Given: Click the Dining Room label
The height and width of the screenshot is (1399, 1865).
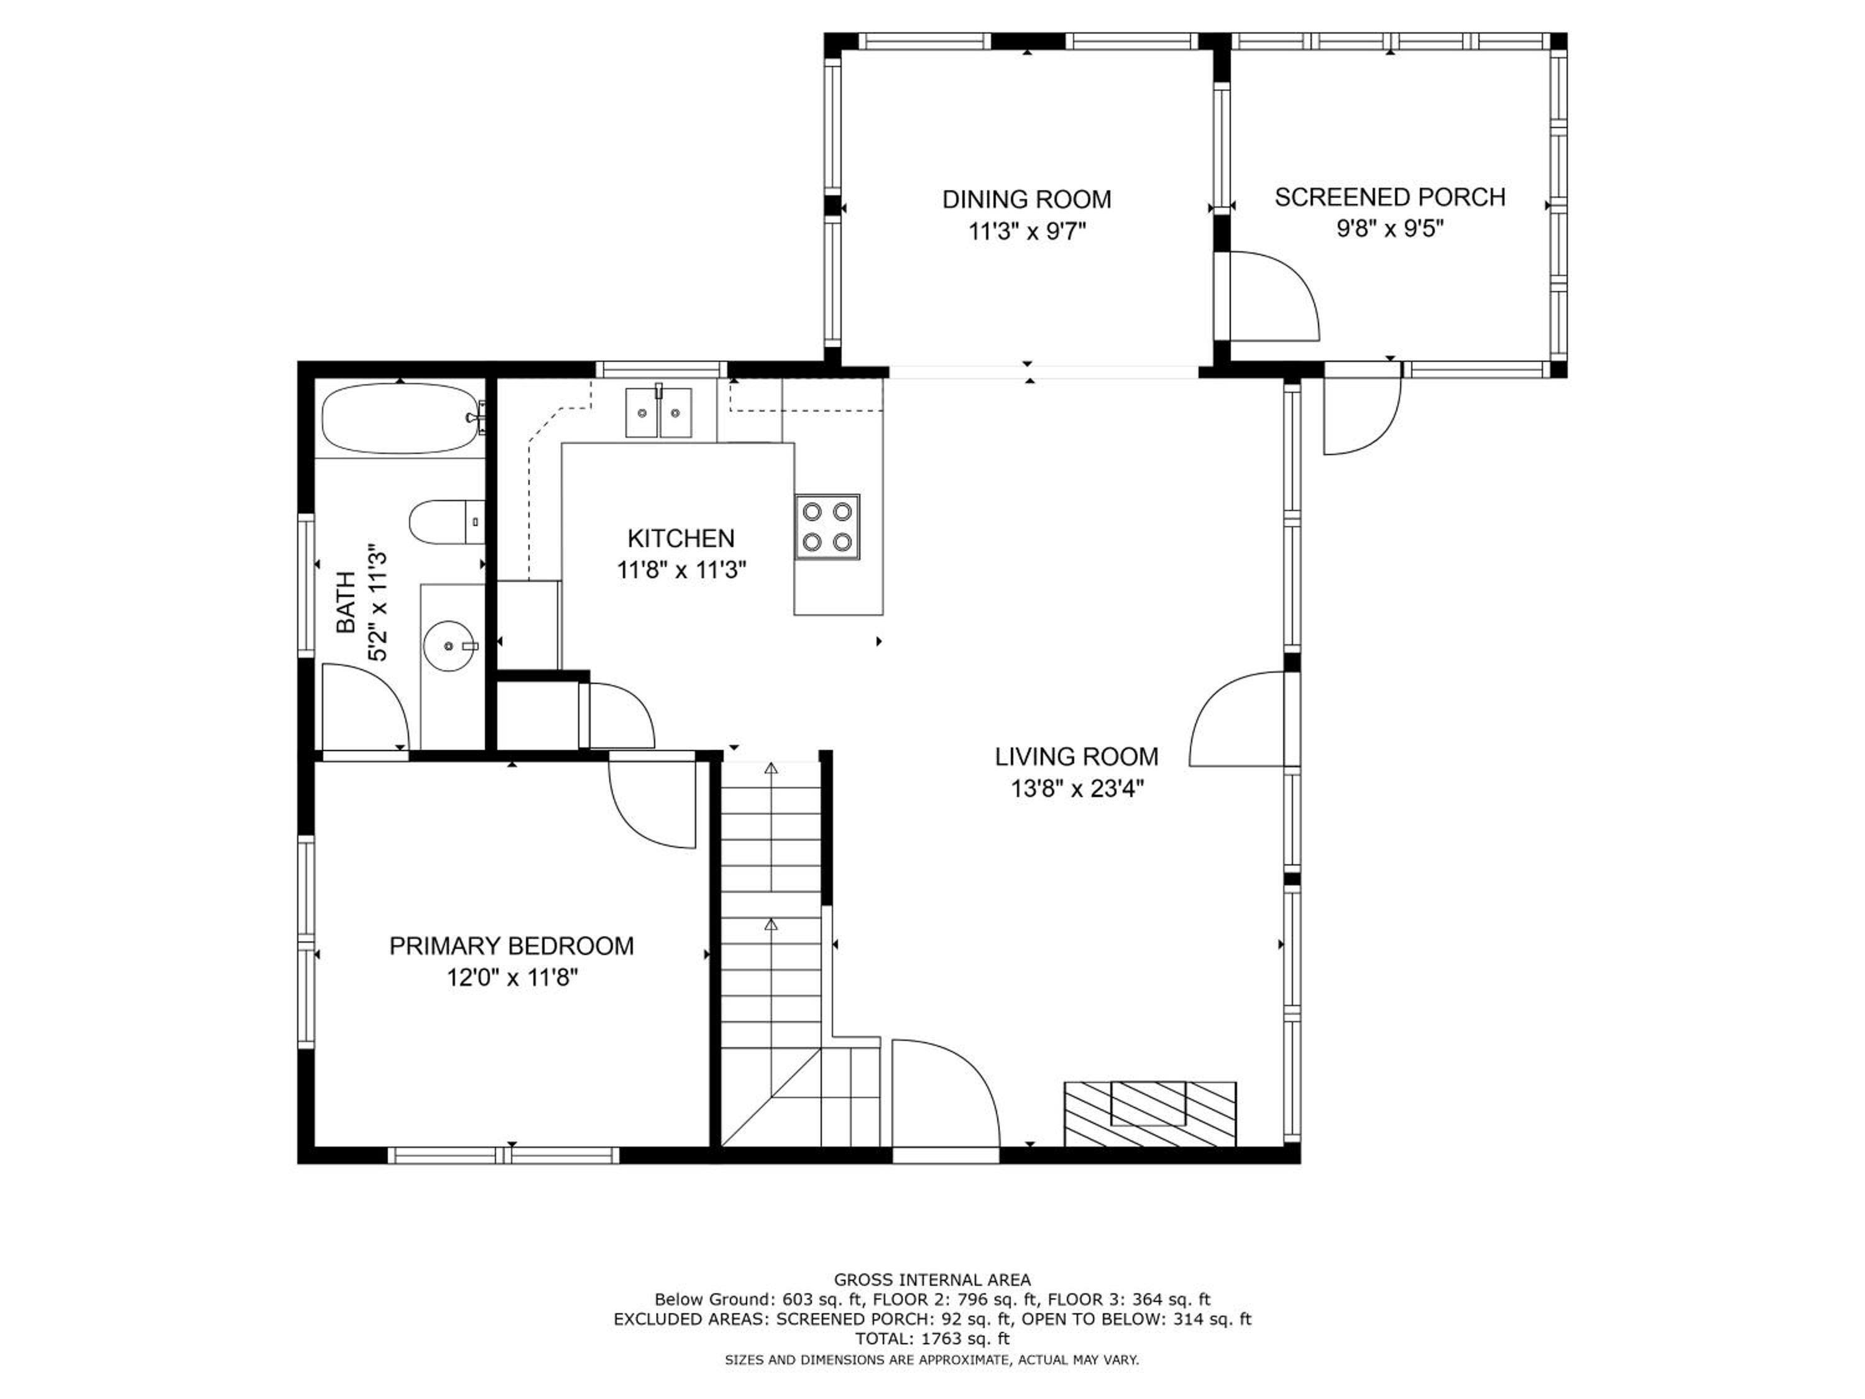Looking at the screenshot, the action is click(x=1026, y=200).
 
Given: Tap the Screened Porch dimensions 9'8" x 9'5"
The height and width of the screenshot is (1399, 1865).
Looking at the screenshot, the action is click(x=1389, y=229).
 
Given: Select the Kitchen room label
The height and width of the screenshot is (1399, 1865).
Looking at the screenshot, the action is click(x=680, y=538).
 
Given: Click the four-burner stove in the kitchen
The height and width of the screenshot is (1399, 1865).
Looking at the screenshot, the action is click(x=827, y=526).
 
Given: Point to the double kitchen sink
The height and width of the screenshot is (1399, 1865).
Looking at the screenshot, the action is click(x=658, y=412).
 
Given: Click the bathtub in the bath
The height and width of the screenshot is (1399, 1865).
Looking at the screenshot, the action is click(x=403, y=419).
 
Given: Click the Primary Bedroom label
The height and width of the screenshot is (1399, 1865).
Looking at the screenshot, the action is click(x=511, y=946).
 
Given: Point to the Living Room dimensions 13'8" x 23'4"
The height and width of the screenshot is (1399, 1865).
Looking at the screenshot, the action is click(x=1077, y=789).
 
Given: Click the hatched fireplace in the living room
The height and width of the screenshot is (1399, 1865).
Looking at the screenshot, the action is click(x=1150, y=1114).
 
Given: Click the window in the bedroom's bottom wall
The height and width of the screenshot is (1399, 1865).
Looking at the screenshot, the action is click(x=504, y=1155).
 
